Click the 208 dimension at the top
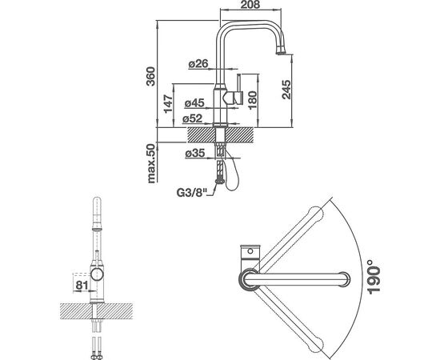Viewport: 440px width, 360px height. (x=250, y=5)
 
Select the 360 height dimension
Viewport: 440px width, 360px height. (x=150, y=76)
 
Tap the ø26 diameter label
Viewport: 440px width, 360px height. (x=198, y=64)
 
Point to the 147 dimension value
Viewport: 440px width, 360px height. (x=168, y=104)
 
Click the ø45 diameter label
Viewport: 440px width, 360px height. (x=194, y=103)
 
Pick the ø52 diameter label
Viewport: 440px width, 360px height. (x=192, y=118)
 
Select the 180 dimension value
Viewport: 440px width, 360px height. (x=252, y=100)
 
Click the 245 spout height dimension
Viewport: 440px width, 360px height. (x=286, y=90)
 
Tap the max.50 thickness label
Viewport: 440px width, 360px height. (x=151, y=163)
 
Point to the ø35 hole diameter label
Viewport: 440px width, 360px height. (x=195, y=154)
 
